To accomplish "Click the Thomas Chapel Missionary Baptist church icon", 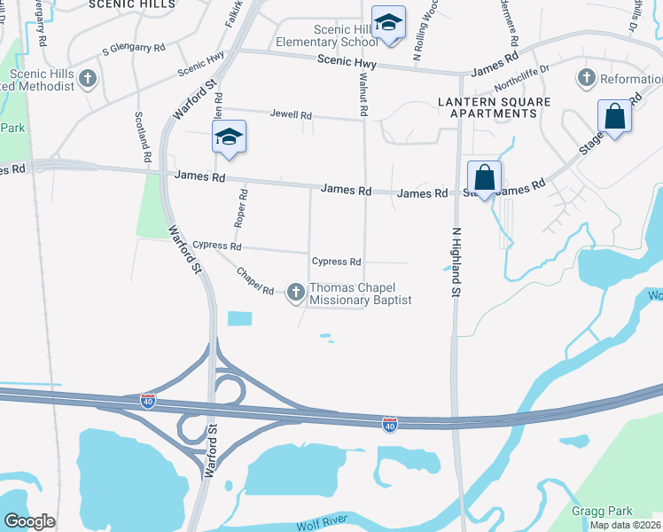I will [x=296, y=292].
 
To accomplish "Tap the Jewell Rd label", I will [x=291, y=115].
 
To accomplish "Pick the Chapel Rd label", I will [x=255, y=280].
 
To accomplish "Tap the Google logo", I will [x=29, y=521].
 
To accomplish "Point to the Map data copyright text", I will [x=625, y=525].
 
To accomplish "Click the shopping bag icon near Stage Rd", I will [x=614, y=117].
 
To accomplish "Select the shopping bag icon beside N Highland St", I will [x=484, y=177].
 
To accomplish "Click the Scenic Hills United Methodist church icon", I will [x=87, y=79].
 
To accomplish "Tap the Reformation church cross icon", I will [x=585, y=79].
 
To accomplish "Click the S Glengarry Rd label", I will [x=134, y=48].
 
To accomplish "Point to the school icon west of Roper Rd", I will [x=229, y=137].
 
